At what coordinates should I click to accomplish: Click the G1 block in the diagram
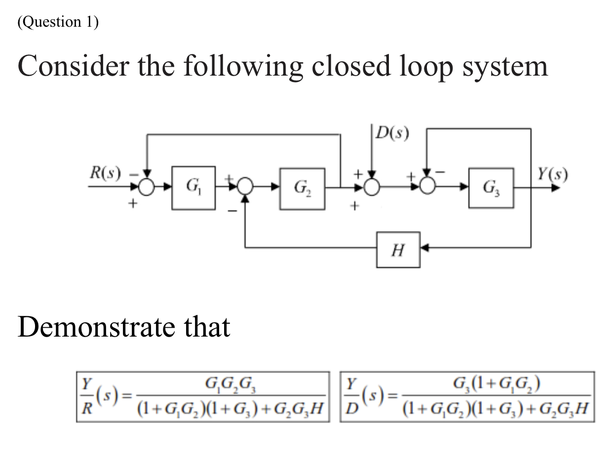pos(193,188)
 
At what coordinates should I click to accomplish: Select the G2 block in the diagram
pos(302,188)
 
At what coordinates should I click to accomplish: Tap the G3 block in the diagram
pos(491,188)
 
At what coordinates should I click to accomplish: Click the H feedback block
pos(398,250)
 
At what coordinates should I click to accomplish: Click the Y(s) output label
pos(552,174)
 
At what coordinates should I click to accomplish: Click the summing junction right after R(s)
pos(146,187)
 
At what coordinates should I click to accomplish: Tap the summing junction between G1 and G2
pos(245,187)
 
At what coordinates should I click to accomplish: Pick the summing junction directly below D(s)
pos(372,187)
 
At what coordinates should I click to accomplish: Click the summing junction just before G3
pos(428,187)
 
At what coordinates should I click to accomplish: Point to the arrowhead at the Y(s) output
pos(557,188)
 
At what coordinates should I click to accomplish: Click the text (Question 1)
pos(58,22)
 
